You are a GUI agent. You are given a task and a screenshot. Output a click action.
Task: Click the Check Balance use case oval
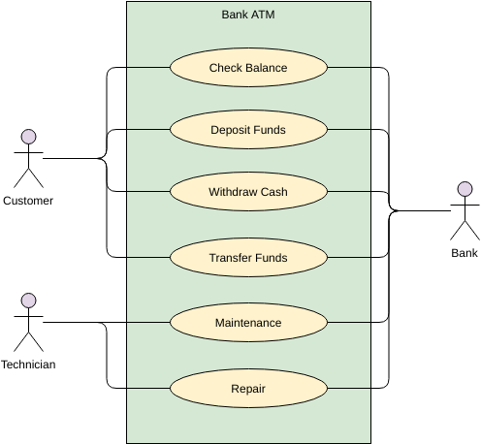(248, 68)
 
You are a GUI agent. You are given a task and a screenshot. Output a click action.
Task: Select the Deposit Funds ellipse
(248, 130)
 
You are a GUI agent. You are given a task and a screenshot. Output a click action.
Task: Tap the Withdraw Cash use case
(248, 192)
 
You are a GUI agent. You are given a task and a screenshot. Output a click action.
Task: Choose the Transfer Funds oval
(248, 258)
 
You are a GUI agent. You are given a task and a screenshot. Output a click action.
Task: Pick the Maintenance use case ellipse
(248, 323)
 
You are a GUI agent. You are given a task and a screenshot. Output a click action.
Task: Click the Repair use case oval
(248, 388)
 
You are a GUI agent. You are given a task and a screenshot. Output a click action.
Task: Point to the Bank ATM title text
(248, 15)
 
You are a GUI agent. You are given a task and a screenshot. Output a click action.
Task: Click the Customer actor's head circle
(28, 137)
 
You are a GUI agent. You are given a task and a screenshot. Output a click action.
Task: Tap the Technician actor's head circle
(28, 301)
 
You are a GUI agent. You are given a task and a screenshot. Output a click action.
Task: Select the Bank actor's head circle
(465, 189)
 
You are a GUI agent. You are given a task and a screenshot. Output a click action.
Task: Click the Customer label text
(28, 201)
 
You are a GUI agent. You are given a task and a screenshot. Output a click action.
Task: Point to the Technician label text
(28, 365)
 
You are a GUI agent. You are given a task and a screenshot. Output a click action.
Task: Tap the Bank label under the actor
(465, 253)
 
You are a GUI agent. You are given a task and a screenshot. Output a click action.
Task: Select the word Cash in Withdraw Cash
(274, 192)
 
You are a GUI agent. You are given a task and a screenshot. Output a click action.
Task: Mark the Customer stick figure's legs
(28, 178)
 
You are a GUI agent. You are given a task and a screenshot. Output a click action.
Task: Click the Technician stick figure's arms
(28, 316)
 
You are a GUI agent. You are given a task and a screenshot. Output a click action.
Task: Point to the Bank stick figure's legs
(465, 231)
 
